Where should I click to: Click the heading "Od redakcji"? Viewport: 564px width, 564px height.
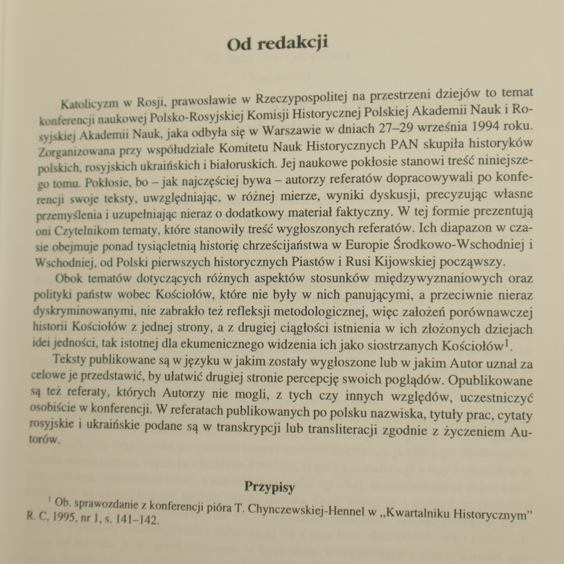277,43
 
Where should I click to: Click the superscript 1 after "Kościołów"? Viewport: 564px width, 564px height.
507,343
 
